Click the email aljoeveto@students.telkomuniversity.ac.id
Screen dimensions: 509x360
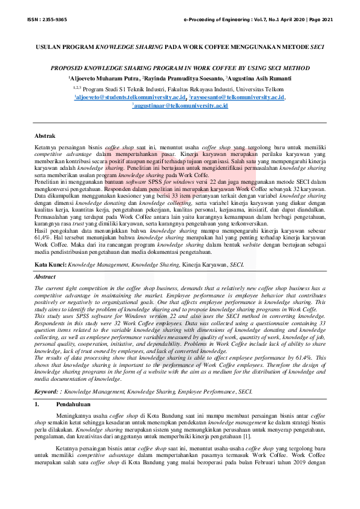130,97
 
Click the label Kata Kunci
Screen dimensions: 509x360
50,264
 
